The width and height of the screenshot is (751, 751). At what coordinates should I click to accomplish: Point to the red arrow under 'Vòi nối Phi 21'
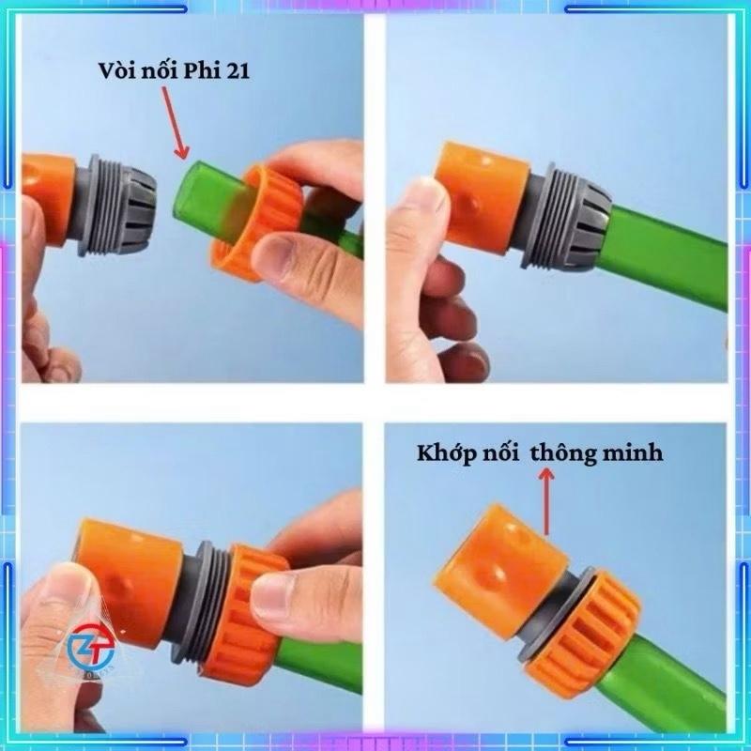[x=174, y=123]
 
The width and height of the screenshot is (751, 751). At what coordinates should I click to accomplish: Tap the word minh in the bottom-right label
[x=632, y=452]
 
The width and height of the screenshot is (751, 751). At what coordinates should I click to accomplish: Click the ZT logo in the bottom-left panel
[x=91, y=649]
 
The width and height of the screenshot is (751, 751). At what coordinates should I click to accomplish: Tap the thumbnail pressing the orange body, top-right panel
[x=421, y=206]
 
